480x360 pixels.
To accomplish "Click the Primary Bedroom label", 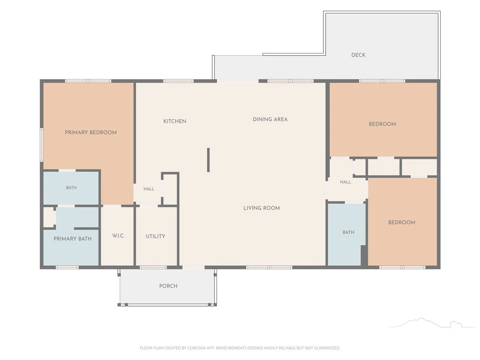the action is (90, 133).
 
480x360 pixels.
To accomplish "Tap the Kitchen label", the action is (175, 121).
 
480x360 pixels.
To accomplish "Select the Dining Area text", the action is (270, 120).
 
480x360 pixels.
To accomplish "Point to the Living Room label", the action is (262, 208).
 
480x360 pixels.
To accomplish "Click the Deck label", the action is (358, 55).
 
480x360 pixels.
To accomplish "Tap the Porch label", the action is (168, 286).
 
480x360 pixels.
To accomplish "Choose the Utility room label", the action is (156, 236).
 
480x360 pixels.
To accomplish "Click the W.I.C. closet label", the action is (119, 236).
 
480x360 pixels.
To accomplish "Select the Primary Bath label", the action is (73, 239).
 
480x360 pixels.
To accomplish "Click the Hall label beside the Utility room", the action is (149, 189).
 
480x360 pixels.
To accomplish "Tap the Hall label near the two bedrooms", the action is (345, 182).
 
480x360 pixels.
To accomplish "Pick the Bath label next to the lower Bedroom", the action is (348, 232).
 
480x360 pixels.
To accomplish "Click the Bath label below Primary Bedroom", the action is (71, 187).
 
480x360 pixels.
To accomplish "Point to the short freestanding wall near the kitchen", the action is (209, 160).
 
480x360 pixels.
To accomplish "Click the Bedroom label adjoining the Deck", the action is (382, 124).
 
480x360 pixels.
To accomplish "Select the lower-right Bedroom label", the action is (402, 223).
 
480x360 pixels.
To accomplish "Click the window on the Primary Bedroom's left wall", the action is (42, 145).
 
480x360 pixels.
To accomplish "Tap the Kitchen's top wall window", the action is (178, 81).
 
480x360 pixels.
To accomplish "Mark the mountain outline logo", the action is (432, 323).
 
